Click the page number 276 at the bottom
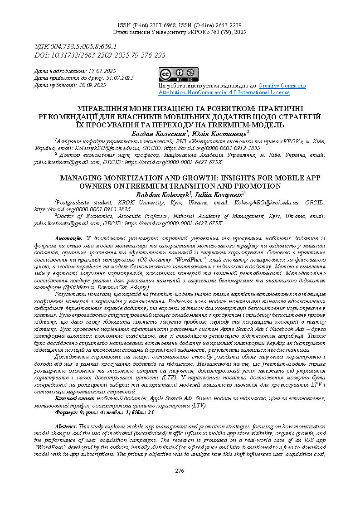click(180, 471)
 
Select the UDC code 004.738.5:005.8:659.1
click(87, 47)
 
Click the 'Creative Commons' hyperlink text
click(282, 86)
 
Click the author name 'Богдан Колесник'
click(159, 134)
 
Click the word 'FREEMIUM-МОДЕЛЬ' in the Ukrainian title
click(247, 125)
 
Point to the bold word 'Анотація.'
click(68, 238)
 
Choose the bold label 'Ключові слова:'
click(74, 398)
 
